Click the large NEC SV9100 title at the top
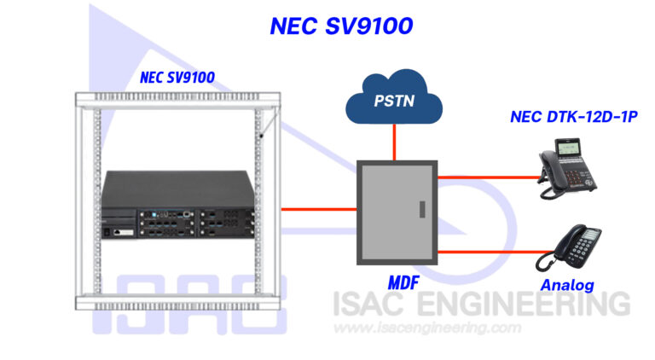pos(341,26)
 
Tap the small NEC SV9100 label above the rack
pos(177,78)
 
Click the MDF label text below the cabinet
pos(403,283)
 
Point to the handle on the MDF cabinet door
pos(422,209)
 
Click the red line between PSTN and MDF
pos(394,142)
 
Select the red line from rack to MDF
pos(319,209)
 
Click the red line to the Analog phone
pos(496,252)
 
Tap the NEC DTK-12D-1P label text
pos(574,117)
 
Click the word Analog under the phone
pos(567,285)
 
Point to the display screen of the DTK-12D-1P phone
pos(569,147)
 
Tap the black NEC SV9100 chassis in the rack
pos(178,204)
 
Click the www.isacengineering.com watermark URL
pos(427,328)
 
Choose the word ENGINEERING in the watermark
pos(524,304)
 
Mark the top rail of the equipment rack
pos(178,100)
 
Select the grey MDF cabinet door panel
pos(397,212)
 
